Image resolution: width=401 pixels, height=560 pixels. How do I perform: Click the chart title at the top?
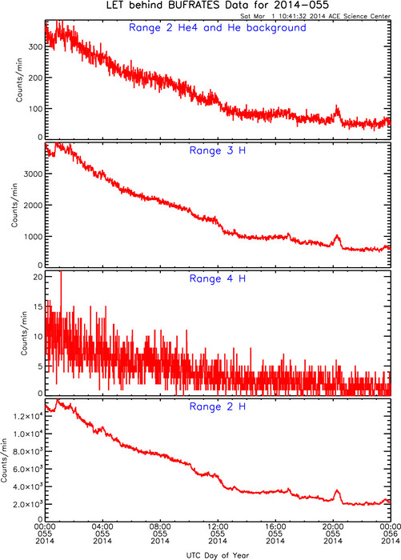[217, 6]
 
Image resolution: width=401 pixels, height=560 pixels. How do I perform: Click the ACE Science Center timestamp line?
[315, 16]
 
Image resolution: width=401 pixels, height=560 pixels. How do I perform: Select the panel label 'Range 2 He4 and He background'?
[217, 28]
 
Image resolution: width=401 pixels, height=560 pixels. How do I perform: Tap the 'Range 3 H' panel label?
[217, 150]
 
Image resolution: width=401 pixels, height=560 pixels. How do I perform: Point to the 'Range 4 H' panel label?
[217, 278]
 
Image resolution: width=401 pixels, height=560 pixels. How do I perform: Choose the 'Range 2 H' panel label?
[217, 406]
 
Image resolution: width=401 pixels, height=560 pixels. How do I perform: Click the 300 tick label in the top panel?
[35, 46]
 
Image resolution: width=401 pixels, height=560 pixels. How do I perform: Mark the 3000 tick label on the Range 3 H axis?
[33, 174]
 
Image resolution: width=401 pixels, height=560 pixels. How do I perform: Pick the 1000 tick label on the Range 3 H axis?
[33, 237]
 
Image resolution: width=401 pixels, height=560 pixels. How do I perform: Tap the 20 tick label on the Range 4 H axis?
[38, 277]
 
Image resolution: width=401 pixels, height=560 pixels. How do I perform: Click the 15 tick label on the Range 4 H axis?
[38, 306]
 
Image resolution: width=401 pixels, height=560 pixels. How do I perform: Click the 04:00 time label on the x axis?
[102, 526]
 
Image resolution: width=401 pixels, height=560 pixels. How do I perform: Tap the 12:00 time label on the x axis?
[218, 526]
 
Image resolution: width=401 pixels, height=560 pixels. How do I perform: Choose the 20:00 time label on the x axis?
[333, 526]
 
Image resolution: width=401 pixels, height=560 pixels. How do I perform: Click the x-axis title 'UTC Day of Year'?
[217, 555]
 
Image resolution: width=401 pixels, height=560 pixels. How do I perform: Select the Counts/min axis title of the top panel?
[19, 80]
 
